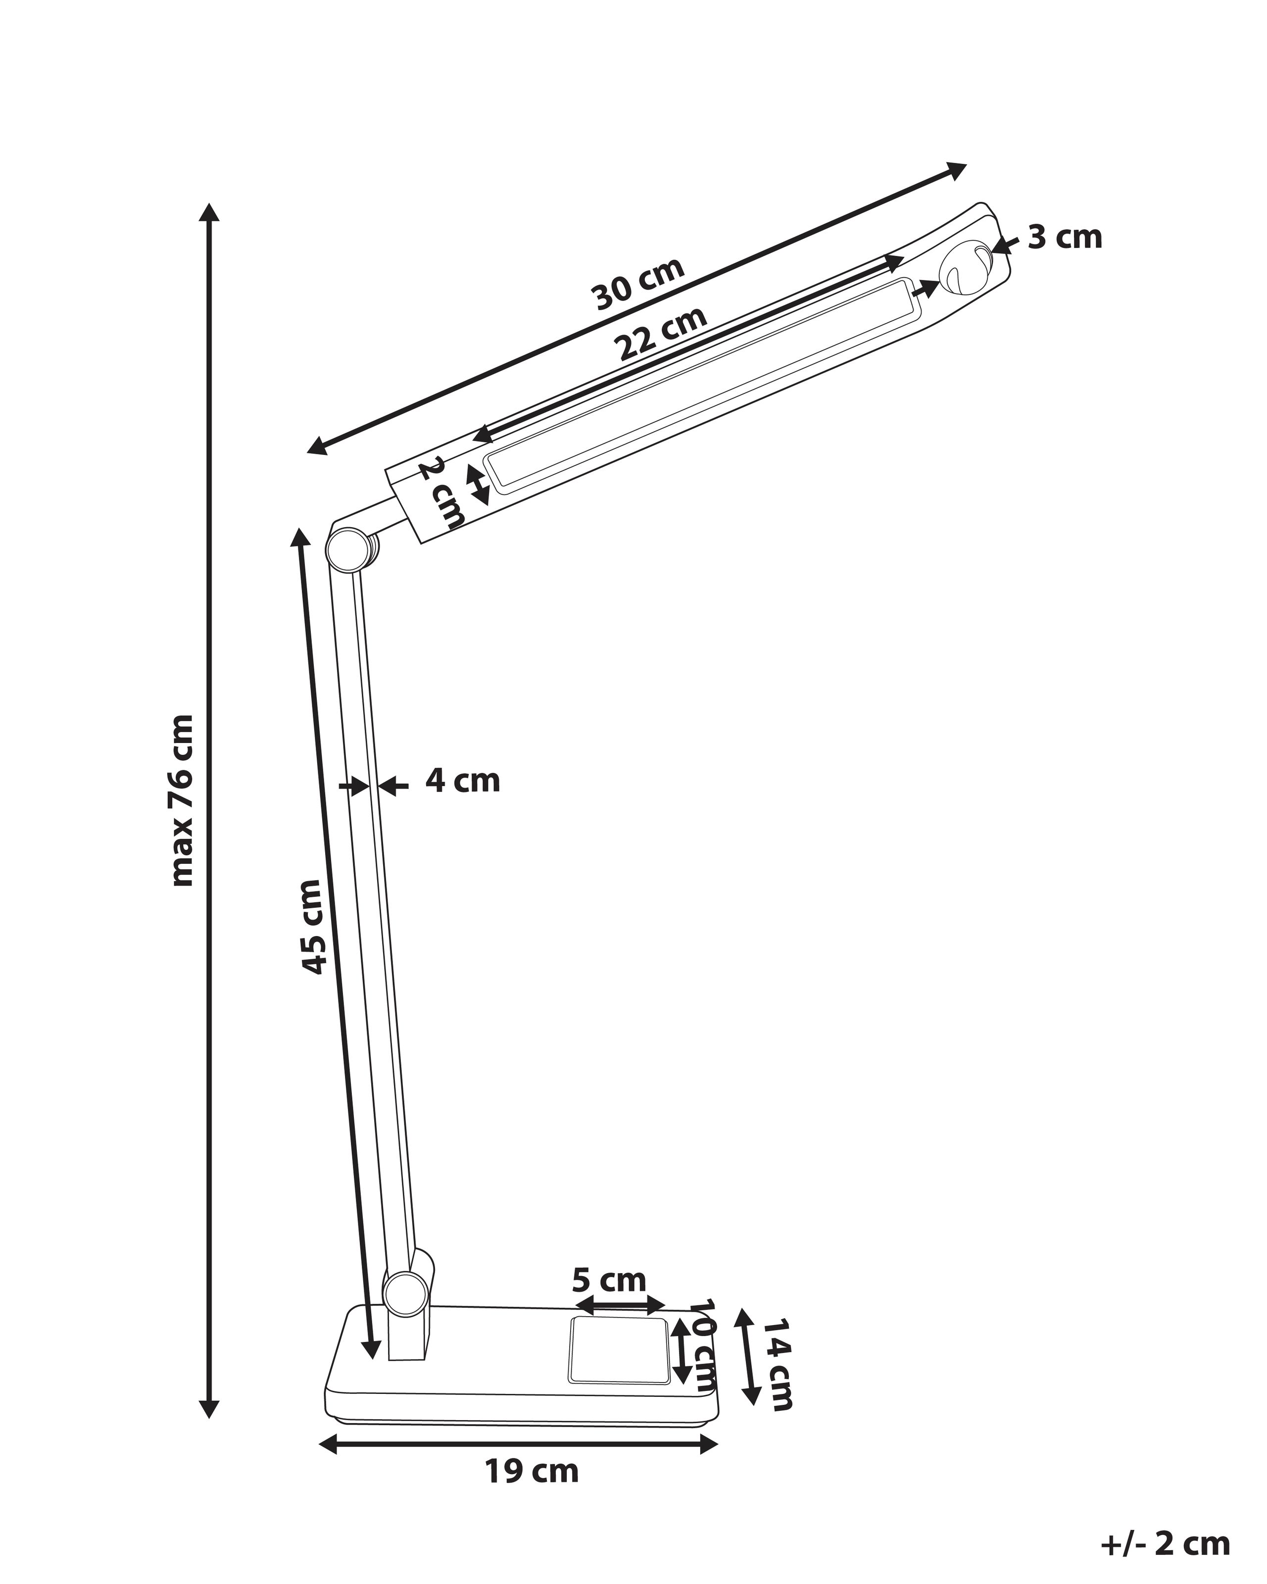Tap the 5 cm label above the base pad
coord(609,1281)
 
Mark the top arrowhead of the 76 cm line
coord(210,211)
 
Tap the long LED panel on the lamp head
coord(698,384)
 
